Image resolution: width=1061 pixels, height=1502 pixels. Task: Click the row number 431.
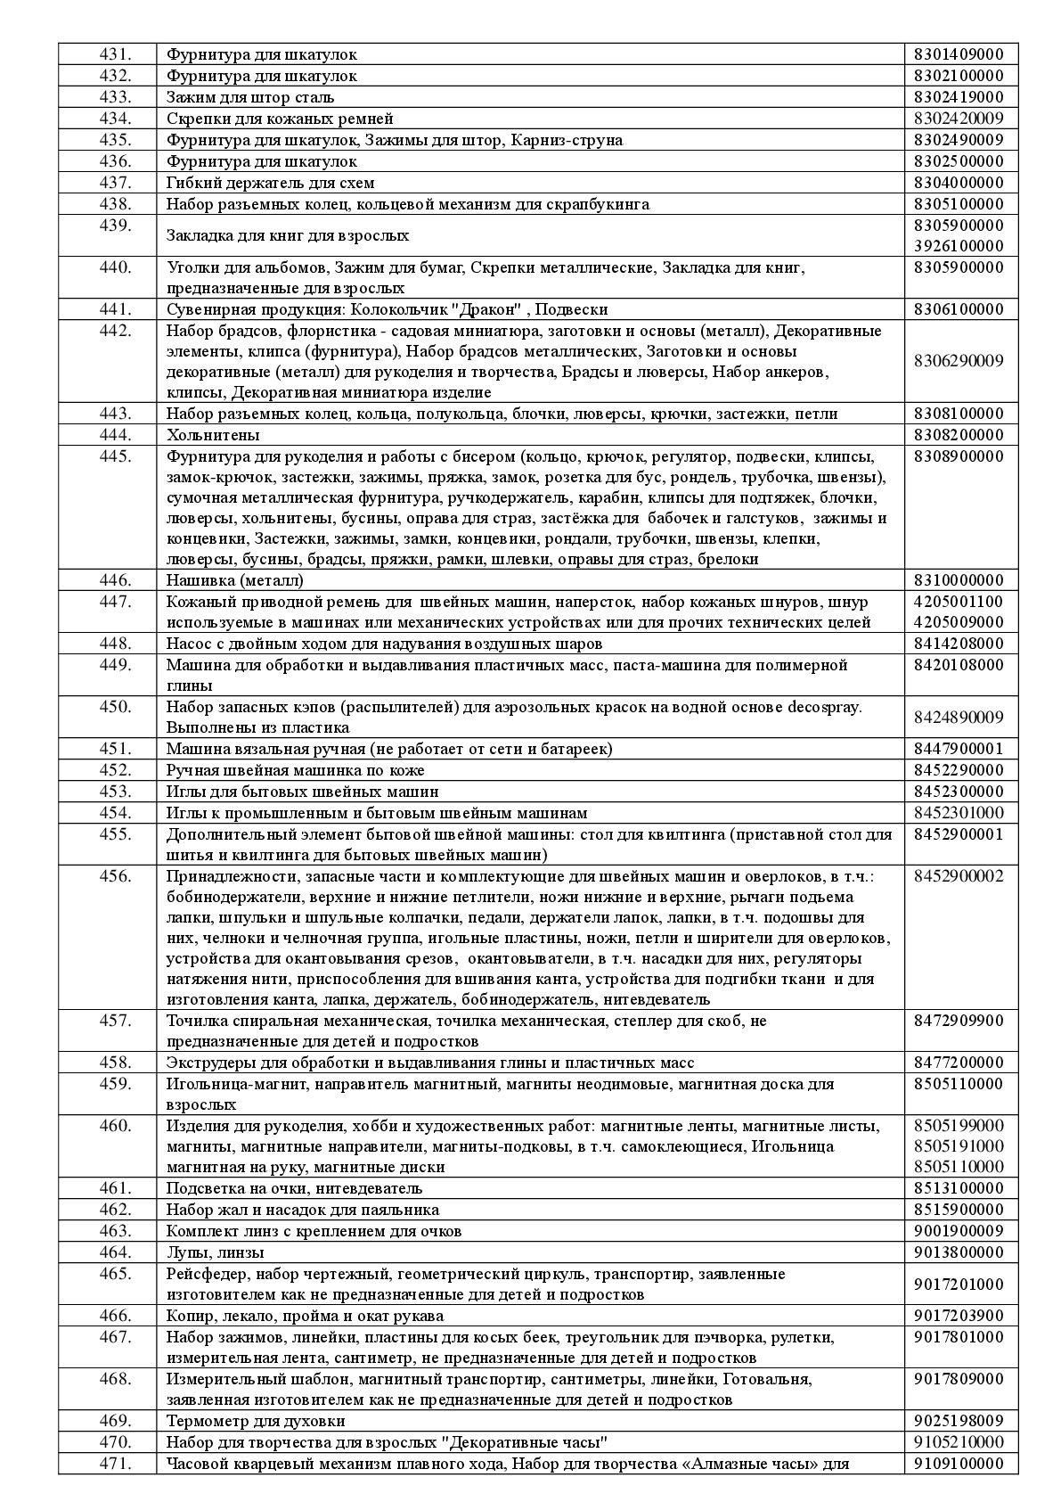115,54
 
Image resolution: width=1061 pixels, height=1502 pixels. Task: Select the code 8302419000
959,97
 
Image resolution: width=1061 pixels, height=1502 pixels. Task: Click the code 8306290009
959,361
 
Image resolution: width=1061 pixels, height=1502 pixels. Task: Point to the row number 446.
115,580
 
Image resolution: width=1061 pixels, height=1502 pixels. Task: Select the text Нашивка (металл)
235,580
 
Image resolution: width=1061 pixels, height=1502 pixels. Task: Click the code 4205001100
959,602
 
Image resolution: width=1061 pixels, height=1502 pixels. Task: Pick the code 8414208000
959,644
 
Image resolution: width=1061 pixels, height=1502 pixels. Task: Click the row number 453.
115,792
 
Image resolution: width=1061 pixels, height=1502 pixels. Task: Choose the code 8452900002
959,875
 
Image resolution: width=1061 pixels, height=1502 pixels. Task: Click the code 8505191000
959,1145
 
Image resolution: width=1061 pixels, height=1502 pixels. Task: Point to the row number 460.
115,1125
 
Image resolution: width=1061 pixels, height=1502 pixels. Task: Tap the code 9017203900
959,1316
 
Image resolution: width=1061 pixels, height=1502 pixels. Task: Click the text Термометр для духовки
256,1421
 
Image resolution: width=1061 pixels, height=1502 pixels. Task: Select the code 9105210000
959,1442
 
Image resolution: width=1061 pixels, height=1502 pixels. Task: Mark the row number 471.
115,1464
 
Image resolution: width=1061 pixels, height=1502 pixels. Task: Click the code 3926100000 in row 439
959,246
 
